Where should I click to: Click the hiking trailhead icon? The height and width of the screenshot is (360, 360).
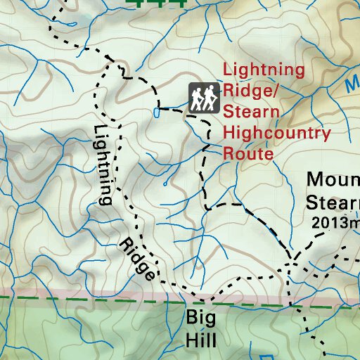(x=203, y=97)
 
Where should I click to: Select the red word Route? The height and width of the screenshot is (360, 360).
(x=248, y=153)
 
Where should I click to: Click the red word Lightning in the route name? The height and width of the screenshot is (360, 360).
(x=264, y=70)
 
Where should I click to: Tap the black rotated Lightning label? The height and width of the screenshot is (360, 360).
(x=103, y=165)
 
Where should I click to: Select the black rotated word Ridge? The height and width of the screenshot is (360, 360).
(x=137, y=261)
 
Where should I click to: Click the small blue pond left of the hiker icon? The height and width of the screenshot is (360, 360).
(x=156, y=112)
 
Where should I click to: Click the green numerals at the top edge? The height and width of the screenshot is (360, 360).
(x=158, y=3)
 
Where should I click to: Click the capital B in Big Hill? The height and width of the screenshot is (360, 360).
(x=191, y=317)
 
